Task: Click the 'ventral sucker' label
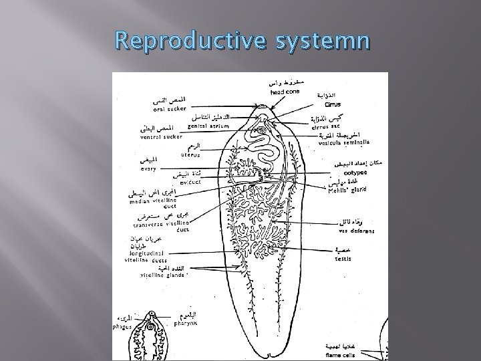(x=160, y=137)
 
